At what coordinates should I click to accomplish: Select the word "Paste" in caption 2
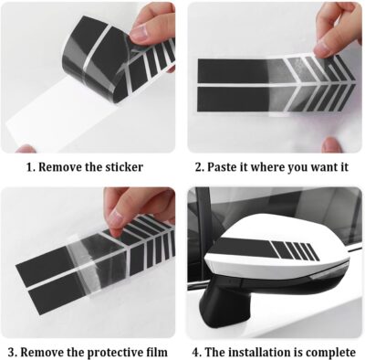(224, 167)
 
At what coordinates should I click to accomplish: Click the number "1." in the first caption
(31, 167)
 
